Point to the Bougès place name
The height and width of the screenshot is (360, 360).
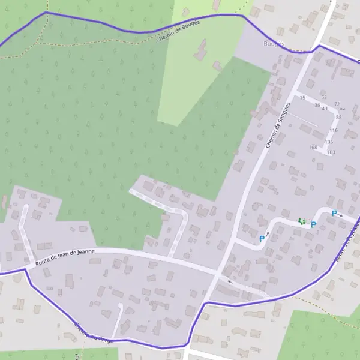274,43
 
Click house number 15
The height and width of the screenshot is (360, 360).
302,97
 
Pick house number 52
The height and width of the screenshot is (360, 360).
324,97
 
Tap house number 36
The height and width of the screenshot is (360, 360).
317,105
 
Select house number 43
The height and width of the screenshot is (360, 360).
325,109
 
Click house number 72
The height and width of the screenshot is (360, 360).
337,104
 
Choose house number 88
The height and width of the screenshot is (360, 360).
338,117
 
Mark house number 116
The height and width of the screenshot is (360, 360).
334,130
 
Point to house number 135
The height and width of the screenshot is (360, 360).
329,142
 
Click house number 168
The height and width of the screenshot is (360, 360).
313,147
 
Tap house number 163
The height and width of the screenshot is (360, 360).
331,152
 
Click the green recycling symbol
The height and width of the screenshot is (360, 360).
301,221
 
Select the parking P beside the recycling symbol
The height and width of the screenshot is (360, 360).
313,224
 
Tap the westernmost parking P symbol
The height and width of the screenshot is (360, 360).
262,239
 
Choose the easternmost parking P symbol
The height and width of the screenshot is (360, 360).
334,213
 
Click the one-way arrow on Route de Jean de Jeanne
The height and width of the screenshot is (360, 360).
229,281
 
